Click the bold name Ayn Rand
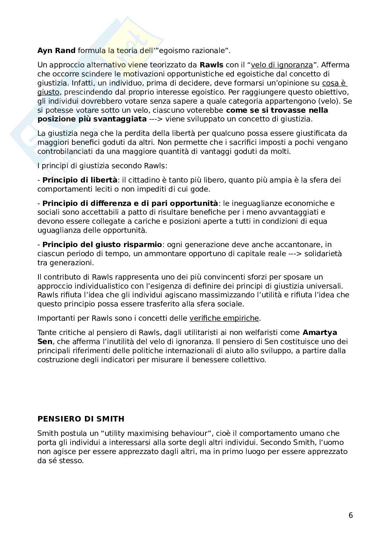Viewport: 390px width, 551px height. click(56, 51)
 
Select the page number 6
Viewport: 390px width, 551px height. click(351, 515)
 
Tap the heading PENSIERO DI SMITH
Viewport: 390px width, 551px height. click(81, 419)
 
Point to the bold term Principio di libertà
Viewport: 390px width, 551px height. click(80, 180)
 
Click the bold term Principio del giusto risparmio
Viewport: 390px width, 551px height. click(102, 244)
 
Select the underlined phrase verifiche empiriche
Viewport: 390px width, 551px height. click(224, 318)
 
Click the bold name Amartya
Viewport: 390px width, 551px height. click(320, 333)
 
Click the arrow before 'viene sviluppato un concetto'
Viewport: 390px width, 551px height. click(156, 119)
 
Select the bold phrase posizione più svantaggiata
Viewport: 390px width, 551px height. click(92, 119)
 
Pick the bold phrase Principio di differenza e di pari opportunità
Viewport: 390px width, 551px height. click(130, 203)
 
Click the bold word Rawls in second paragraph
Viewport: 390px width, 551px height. click(211, 65)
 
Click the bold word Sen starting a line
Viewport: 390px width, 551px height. click(45, 342)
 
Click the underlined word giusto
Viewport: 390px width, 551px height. click(49, 92)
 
